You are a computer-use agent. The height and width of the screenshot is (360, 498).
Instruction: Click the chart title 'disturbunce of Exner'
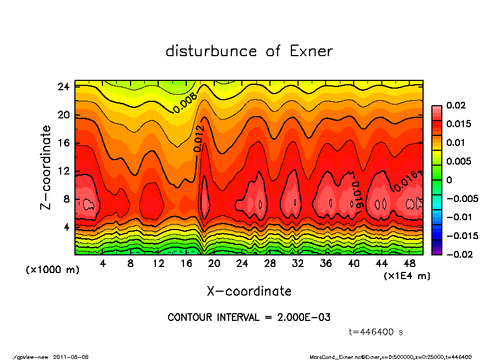point(249,51)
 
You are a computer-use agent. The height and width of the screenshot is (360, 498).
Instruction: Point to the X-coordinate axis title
point(249,291)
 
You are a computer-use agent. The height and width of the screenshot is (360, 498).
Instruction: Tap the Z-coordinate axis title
point(46,167)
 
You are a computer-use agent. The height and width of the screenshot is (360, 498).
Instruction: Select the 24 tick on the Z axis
point(63,87)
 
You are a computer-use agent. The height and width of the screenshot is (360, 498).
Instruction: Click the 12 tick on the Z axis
point(63,171)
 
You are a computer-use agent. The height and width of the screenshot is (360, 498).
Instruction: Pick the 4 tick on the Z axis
point(66,226)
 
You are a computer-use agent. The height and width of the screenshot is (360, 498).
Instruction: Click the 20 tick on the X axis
point(214,263)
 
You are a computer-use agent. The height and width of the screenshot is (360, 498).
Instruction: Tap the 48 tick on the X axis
point(409,263)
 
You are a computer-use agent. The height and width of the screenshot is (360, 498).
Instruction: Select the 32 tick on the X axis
point(298,263)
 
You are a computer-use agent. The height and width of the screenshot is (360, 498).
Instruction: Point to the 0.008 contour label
point(185,103)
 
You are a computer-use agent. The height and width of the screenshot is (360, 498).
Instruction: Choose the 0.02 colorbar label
point(456,105)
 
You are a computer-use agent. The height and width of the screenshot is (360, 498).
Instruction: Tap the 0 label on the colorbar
point(449,180)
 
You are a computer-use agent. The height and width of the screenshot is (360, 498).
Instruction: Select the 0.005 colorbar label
point(458,161)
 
